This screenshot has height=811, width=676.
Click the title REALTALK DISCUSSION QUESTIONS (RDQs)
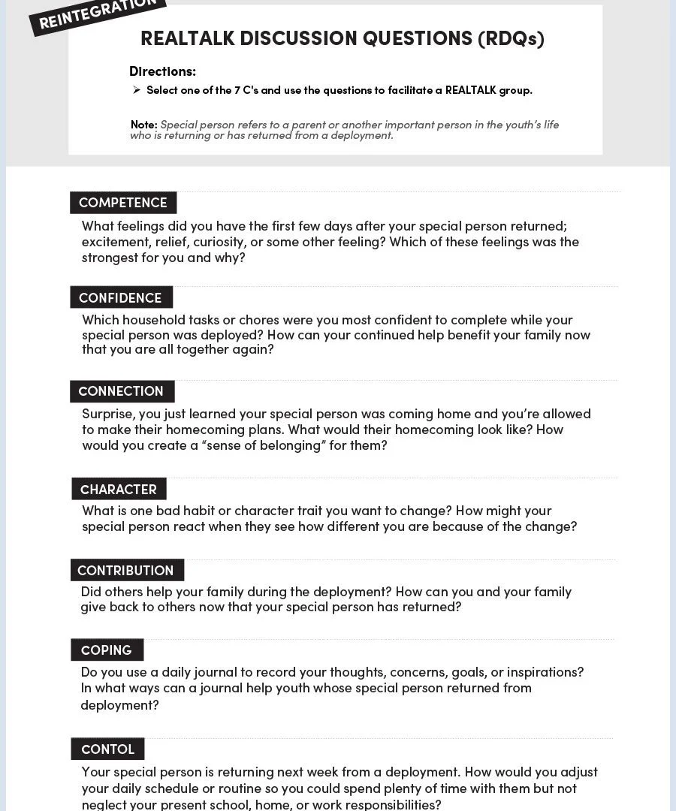[x=342, y=38]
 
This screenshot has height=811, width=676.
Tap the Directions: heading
[x=162, y=71]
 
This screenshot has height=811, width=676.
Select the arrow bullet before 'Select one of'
[x=137, y=90]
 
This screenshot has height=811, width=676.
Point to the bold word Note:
[x=143, y=125]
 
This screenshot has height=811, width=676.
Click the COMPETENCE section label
[x=123, y=203]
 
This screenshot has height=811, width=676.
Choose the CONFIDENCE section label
[x=120, y=297]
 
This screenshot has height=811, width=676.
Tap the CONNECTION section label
[x=121, y=391]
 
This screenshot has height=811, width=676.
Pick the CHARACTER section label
[x=119, y=490]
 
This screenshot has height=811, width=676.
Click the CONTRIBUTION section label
[x=125, y=570]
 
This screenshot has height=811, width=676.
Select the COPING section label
[x=107, y=650]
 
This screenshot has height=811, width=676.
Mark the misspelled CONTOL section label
[x=107, y=749]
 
